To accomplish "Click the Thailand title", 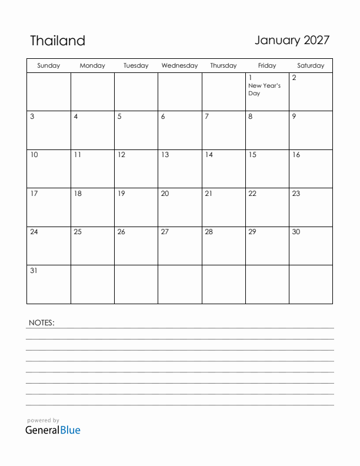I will [x=58, y=41].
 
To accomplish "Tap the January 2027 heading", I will [x=292, y=40].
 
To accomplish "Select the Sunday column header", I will [x=49, y=66].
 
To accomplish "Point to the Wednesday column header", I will [x=179, y=66].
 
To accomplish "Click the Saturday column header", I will [x=311, y=66].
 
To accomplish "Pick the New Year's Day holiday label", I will [x=264, y=89].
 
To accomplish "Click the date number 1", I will [x=251, y=78].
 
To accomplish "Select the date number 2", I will [x=294, y=78].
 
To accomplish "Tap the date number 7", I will [x=206, y=116].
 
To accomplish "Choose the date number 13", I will [x=165, y=155].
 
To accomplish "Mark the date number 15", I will [x=252, y=155].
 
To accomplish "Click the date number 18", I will [x=78, y=194].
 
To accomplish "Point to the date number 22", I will [x=252, y=194].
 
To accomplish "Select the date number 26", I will [x=121, y=232].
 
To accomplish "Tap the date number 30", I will [x=296, y=232].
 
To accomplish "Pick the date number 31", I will [x=34, y=271].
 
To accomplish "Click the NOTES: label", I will [x=41, y=322].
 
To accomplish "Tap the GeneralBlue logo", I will [x=53, y=430].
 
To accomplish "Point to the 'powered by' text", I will [x=43, y=421].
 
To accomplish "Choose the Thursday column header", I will [x=224, y=66].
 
